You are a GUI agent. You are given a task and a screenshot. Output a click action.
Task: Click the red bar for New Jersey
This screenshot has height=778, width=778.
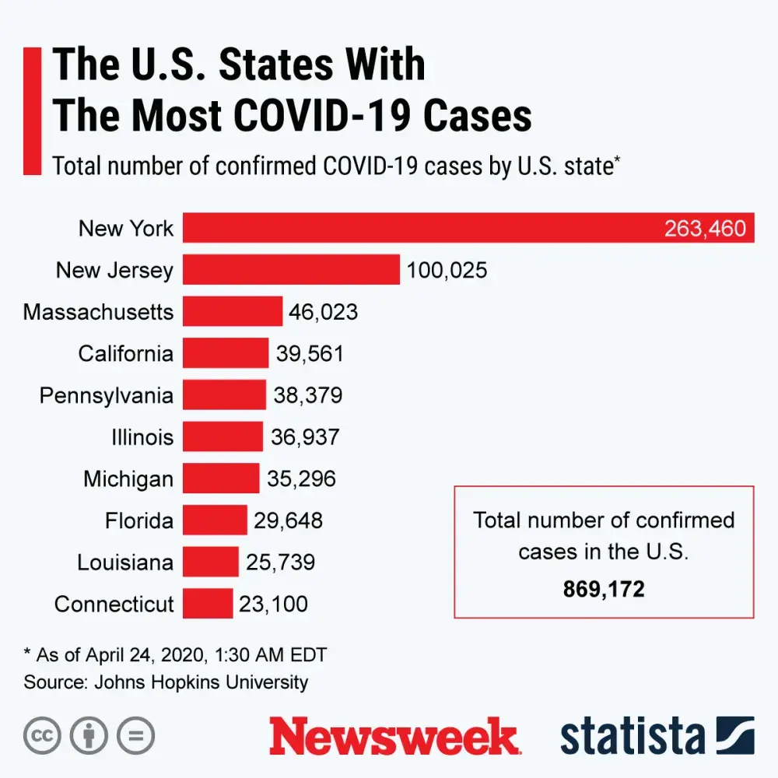click(x=292, y=270)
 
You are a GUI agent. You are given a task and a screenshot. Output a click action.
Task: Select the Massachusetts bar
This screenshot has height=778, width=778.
click(x=233, y=312)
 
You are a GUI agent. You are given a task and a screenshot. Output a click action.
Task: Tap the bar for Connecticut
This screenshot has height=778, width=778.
click(x=208, y=604)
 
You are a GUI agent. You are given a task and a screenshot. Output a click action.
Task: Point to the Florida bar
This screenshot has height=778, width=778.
click(x=215, y=520)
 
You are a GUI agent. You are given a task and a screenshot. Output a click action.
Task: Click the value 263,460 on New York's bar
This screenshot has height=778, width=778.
click(x=705, y=229)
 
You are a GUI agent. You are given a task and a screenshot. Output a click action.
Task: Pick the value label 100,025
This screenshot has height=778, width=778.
click(x=447, y=270)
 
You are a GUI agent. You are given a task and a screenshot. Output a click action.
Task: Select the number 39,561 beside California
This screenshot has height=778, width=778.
click(x=310, y=354)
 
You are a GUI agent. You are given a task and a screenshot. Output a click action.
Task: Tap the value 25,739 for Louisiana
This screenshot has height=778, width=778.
click(x=280, y=562)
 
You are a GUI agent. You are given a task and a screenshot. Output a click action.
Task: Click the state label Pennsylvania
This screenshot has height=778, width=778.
click(x=107, y=395)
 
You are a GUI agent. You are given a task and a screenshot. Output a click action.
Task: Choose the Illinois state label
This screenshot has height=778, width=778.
click(x=142, y=437)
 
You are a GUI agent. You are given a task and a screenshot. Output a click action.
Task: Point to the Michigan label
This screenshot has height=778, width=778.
click(x=128, y=478)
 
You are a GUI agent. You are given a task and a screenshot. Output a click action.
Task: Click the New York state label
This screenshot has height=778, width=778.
click(x=126, y=229)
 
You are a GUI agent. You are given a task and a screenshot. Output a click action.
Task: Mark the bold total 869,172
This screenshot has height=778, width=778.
click(x=604, y=589)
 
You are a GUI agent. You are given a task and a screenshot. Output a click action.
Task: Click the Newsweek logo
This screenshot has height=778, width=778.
click(x=393, y=736)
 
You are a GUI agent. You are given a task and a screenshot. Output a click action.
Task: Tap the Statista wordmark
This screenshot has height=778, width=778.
click(x=633, y=736)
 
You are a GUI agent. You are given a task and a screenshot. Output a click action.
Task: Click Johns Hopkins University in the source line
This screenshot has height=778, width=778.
click(x=202, y=682)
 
